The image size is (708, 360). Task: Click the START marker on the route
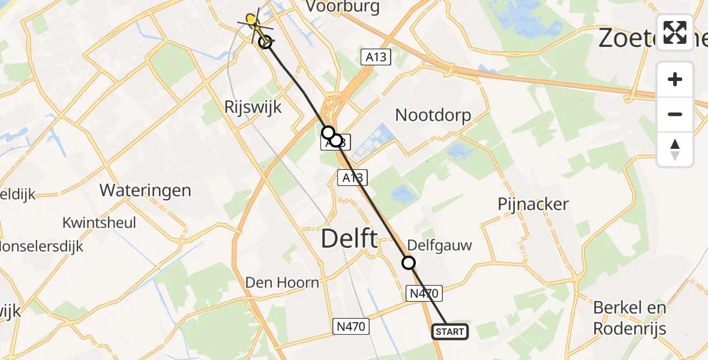(x=449, y=332)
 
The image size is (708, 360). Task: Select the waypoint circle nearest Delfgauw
(x=409, y=263)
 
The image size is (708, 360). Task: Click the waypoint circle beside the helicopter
(x=265, y=41)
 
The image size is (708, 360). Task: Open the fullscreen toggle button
(x=675, y=32)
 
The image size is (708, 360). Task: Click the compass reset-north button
(x=675, y=149)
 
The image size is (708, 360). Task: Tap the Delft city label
(x=349, y=238)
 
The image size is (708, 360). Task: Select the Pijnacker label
(x=533, y=204)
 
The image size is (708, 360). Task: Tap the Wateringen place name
(x=145, y=191)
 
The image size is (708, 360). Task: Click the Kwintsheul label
(x=99, y=223)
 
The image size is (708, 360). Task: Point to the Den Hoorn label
(x=282, y=282)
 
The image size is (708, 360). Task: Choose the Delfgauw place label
(x=439, y=245)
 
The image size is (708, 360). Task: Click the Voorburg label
(x=343, y=7)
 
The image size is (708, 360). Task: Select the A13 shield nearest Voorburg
(x=376, y=57)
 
